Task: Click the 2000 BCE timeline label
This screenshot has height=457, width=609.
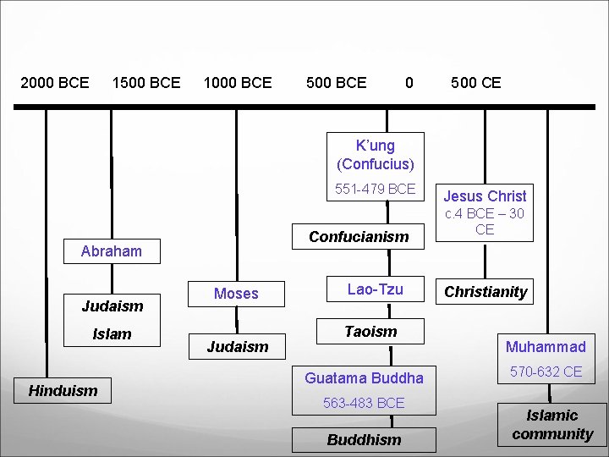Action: click(x=55, y=82)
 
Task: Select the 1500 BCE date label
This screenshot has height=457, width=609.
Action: click(x=146, y=82)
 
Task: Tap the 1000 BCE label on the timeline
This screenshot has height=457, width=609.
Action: click(x=238, y=82)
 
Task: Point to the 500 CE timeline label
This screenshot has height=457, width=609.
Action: click(x=475, y=82)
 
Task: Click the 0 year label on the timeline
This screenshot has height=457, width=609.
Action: click(x=409, y=82)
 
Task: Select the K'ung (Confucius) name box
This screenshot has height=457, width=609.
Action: click(x=376, y=154)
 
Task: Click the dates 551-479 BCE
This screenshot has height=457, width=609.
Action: click(x=376, y=189)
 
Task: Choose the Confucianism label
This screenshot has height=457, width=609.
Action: click(x=359, y=237)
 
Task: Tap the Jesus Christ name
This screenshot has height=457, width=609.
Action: click(x=485, y=195)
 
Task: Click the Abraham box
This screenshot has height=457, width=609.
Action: click(x=112, y=251)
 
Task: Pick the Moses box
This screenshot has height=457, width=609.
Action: click(x=236, y=294)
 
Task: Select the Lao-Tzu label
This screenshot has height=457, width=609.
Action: click(x=376, y=289)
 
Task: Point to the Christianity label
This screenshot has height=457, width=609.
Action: click(x=486, y=292)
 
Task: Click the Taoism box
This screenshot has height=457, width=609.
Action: click(x=370, y=331)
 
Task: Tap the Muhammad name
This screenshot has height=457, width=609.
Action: click(x=546, y=346)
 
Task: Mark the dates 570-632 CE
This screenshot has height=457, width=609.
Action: click(x=546, y=372)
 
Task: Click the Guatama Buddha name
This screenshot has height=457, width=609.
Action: click(x=365, y=377)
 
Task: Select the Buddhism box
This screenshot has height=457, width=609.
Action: click(x=365, y=440)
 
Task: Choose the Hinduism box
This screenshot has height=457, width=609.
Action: click(x=63, y=390)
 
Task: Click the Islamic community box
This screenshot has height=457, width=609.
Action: click(x=552, y=425)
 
